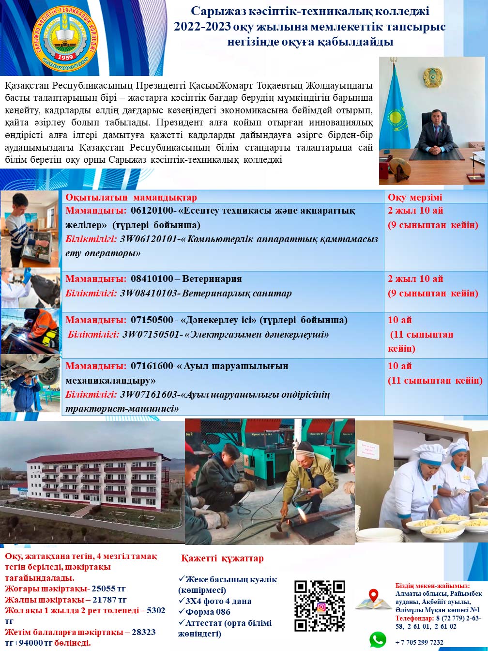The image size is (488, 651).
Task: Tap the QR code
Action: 319,605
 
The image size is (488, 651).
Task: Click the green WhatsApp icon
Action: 378,639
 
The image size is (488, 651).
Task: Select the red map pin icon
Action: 373,596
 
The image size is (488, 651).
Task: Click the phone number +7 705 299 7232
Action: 419,642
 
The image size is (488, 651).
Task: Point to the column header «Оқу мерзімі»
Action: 415,197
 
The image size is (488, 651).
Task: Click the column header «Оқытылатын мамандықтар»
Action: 131,197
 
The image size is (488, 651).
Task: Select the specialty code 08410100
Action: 152,279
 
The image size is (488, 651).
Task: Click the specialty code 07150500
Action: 152,320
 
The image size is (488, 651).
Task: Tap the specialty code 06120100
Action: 152,210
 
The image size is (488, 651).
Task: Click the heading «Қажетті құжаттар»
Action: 222,558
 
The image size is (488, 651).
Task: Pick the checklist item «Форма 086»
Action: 207,612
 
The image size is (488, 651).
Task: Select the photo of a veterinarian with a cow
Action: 30,288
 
